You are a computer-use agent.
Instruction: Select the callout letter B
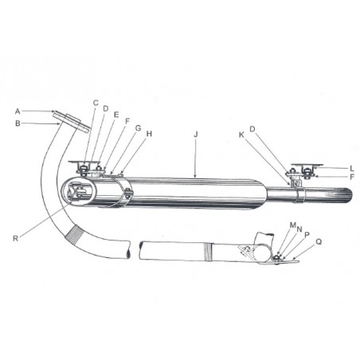tap(18, 123)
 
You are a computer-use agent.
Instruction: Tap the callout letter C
tap(96, 102)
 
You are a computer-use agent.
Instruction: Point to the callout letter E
tap(116, 115)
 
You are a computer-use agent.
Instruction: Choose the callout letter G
tap(138, 127)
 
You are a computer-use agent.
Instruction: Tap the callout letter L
tap(350, 168)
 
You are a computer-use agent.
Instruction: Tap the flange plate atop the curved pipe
tap(72, 123)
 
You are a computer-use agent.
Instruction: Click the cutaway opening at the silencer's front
tap(80, 194)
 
